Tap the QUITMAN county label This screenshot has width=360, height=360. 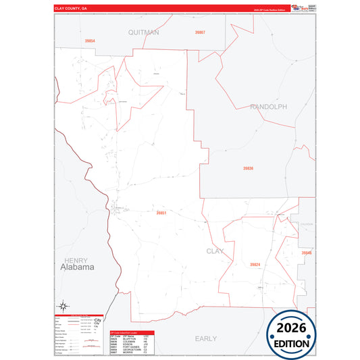(144, 32)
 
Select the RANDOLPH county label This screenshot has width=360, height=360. (268, 107)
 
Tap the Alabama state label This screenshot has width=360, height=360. (77, 267)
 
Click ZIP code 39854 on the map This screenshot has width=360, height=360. (90, 41)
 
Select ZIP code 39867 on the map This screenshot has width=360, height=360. (199, 32)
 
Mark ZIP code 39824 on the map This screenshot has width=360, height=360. (255, 265)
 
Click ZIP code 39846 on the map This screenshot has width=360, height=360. (307, 253)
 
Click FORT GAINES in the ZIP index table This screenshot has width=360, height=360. (130, 347)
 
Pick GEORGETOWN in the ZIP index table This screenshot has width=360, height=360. (132, 350)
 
